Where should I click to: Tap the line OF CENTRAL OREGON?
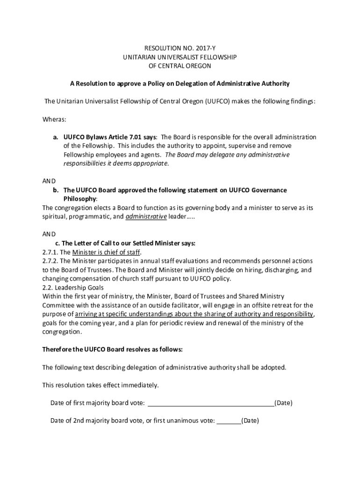(180, 66)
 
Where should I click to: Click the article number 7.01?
(136, 137)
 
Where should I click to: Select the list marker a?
(55, 137)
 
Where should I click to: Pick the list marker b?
(55, 190)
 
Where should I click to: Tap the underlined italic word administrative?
(146, 217)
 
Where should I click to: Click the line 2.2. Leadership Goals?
(73, 288)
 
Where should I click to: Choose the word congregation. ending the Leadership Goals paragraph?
(62, 332)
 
